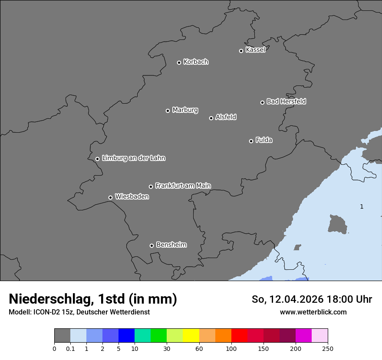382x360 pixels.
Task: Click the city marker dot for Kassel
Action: pyautogui.click(x=241, y=51)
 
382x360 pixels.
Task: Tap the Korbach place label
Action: pyautogui.click(x=196, y=62)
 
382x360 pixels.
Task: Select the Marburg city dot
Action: pyautogui.click(x=168, y=111)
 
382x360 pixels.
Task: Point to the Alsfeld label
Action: pyautogui.click(x=226, y=117)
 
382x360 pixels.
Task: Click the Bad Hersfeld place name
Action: pyautogui.click(x=286, y=101)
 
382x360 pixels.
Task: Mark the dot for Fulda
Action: pyautogui.click(x=251, y=141)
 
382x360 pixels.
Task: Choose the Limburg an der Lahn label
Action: pyautogui.click(x=133, y=158)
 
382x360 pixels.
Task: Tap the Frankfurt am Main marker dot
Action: pyautogui.click(x=151, y=187)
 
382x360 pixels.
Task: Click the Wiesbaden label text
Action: pyautogui.click(x=132, y=196)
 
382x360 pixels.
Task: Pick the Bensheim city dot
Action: pyautogui.click(x=151, y=245)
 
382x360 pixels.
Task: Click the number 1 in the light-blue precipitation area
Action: pyautogui.click(x=362, y=206)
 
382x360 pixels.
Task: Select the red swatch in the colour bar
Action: pyautogui.click(x=239, y=336)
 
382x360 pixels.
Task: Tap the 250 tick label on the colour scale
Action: pyautogui.click(x=328, y=348)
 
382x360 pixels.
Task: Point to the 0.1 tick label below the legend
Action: pyautogui.click(x=70, y=348)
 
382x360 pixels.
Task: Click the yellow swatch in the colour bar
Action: pyautogui.click(x=191, y=336)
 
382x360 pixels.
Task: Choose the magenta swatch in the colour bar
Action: pyautogui.click(x=303, y=336)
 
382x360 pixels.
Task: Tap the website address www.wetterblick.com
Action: pyautogui.click(x=313, y=312)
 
